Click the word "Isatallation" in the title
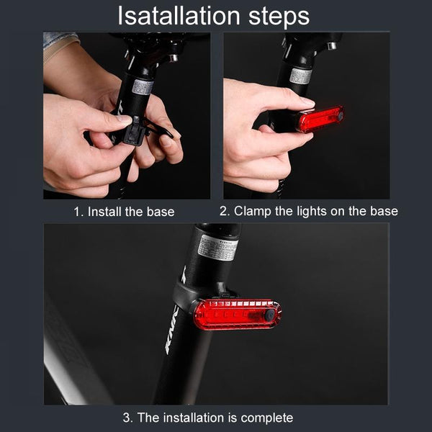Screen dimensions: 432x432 179,16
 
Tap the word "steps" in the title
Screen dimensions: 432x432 279,17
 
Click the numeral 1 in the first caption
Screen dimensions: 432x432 77,212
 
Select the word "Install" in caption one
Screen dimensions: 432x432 104,212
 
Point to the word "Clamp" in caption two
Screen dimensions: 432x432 253,212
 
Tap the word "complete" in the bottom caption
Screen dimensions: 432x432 266,418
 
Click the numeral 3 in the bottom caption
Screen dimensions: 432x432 127,418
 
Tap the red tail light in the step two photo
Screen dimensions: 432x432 320,119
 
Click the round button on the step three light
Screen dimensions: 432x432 270,315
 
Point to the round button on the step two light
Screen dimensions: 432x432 341,116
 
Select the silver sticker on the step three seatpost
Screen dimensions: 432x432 218,248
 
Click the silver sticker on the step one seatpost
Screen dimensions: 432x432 143,87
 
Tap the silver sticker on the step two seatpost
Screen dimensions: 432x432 300,76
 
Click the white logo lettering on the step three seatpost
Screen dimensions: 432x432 172,330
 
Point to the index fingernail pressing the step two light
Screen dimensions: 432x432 307,102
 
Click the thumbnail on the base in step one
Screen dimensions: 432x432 124,119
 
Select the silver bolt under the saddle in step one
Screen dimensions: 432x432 173,58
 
